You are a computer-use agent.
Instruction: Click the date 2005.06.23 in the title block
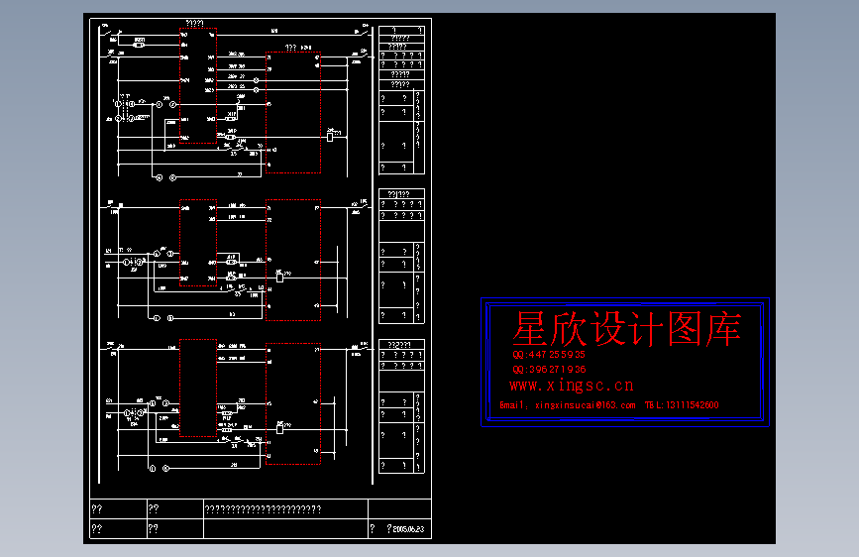point(409,529)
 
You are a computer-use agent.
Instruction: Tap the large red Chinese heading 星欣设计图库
point(626,330)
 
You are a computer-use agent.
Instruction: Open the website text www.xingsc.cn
point(572,386)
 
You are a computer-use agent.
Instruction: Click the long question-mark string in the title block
point(263,509)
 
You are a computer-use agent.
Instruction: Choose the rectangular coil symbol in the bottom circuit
point(280,427)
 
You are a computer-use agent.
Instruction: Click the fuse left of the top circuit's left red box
point(139,45)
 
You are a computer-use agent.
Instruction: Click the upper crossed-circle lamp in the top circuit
point(121,103)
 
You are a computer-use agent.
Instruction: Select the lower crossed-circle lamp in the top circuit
point(121,118)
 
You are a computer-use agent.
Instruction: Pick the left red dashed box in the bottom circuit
point(198,389)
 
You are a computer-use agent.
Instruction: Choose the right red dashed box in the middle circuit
point(293,260)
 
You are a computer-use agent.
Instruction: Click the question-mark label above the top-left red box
point(195,24)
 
